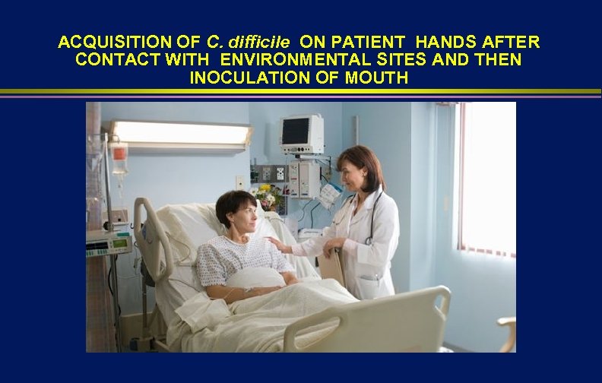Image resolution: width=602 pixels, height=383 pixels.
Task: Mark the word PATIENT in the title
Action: (368, 42)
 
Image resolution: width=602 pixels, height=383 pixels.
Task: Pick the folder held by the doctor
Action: (332, 265)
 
